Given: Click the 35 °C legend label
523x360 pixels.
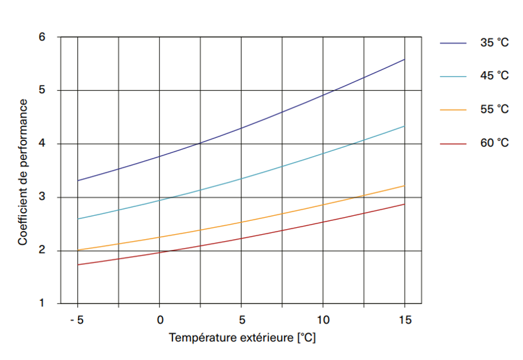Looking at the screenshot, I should click(x=494, y=43).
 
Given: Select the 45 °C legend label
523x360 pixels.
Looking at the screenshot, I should click(x=494, y=76).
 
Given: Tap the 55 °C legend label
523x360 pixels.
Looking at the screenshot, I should click(x=494, y=109).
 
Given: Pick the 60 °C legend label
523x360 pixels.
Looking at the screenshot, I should click(x=494, y=143).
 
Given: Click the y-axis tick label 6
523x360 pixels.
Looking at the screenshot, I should click(x=42, y=37).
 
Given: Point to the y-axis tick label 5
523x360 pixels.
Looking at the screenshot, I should click(x=42, y=91).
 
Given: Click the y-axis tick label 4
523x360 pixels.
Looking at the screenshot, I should click(x=42, y=144).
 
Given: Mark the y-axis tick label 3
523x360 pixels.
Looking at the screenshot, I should click(x=42, y=198).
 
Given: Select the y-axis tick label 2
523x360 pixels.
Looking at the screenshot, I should click(x=42, y=251).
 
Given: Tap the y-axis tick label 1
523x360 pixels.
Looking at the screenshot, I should click(x=42, y=304).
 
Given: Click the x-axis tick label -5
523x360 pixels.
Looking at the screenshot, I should click(x=76, y=320).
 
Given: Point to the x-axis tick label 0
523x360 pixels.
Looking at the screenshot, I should click(x=160, y=320).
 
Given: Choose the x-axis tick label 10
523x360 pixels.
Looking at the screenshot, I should click(x=323, y=320).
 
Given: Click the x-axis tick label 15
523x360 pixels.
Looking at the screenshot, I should click(x=405, y=320).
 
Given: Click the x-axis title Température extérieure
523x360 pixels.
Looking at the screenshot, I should click(x=242, y=338).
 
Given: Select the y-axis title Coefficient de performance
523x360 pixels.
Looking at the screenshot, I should click(x=23, y=171).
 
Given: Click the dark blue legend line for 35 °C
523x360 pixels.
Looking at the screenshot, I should click(x=453, y=43).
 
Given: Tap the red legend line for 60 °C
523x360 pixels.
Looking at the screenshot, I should click(x=453, y=143).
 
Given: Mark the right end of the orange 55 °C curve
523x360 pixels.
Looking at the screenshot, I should click(x=405, y=186).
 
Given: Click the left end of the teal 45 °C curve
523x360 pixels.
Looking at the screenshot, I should click(x=78, y=219).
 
